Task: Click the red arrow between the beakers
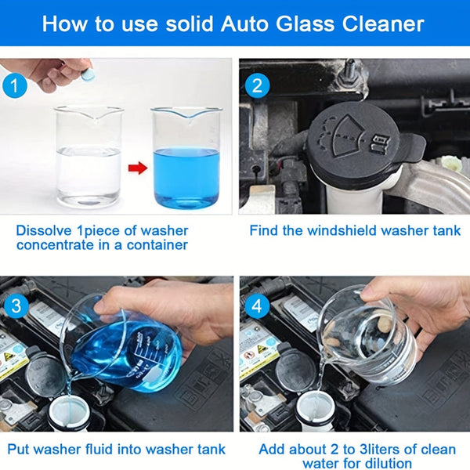[x=137, y=168]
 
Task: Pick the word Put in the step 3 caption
[x=20, y=449]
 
